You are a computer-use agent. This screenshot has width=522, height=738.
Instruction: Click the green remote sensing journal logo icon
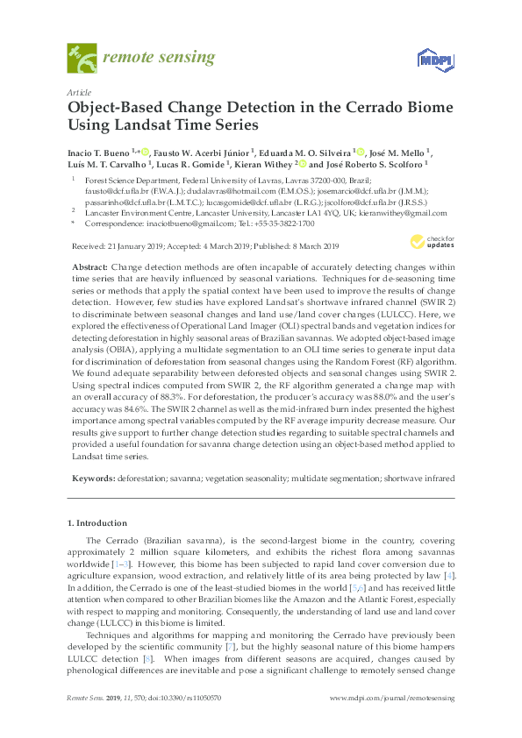click(x=82, y=59)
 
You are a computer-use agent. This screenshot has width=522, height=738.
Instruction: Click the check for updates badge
click(x=432, y=241)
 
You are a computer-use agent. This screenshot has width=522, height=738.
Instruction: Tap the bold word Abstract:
click(x=89, y=265)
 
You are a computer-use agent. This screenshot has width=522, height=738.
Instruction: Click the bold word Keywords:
click(x=92, y=479)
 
